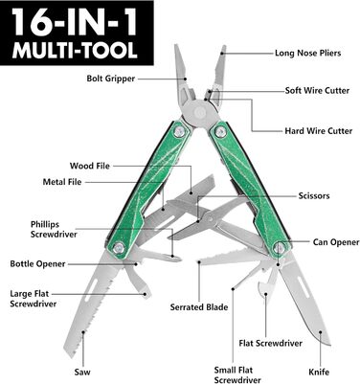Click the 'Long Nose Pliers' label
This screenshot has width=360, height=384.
pyautogui.click(x=307, y=53)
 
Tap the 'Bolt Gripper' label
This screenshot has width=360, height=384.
pyautogui.click(x=111, y=79)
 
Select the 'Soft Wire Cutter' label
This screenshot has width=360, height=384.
pyautogui.click(x=317, y=91)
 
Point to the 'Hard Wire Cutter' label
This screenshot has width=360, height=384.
pyautogui.click(x=319, y=131)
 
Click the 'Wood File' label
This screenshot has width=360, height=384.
pyautogui.click(x=90, y=166)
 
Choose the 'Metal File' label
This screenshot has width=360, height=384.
pyautogui.click(x=62, y=182)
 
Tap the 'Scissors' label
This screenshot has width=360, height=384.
pyautogui.click(x=314, y=195)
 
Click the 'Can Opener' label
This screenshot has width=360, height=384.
pyautogui.click(x=336, y=242)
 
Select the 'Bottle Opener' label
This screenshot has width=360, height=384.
pyautogui.click(x=37, y=264)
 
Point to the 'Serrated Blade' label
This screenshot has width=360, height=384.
pyautogui.click(x=199, y=307)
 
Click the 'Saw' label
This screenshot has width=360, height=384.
pyautogui.click(x=82, y=373)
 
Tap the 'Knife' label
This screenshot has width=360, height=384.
pyautogui.click(x=319, y=373)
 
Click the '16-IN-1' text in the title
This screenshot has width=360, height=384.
pyautogui.click(x=76, y=22)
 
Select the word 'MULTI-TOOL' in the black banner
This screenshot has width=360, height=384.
pyautogui.click(x=76, y=51)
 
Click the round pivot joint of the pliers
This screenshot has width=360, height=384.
pyautogui.click(x=201, y=111)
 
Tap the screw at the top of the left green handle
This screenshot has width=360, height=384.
pyautogui.click(x=180, y=130)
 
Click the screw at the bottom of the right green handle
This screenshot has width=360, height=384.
pyautogui.click(x=280, y=247)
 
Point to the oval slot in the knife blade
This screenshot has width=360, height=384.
pyautogui.click(x=304, y=286)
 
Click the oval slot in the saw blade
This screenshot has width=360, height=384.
pyautogui.click(x=91, y=290)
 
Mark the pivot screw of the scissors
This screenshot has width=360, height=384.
pyautogui.click(x=210, y=219)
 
